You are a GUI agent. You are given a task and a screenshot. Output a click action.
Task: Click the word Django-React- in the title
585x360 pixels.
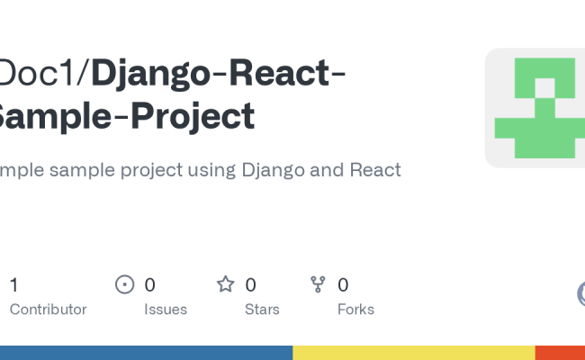219,73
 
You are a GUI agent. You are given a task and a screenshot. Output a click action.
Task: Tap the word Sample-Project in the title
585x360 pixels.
126,115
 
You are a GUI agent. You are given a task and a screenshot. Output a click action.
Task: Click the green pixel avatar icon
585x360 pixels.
535,107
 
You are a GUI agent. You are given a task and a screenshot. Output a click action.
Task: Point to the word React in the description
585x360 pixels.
373,169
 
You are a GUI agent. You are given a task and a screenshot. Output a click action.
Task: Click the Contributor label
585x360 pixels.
48,310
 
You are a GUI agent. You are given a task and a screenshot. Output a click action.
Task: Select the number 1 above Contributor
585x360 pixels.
14,285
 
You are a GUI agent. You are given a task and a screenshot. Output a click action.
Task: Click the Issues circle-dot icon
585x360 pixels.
125,285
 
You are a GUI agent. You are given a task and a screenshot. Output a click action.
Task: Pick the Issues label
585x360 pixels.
166,310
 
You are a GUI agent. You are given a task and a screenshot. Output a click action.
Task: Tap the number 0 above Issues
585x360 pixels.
150,285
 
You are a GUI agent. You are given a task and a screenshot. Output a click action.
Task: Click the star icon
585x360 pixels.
225,285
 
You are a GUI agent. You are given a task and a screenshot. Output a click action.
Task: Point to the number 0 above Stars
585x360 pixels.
251,285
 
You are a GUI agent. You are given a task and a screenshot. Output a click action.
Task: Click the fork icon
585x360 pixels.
318,285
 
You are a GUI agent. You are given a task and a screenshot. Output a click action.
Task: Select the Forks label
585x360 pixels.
355,310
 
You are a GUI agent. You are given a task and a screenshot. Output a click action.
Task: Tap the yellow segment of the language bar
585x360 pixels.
414,353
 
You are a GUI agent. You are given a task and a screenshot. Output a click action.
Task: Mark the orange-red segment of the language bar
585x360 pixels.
560,353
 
